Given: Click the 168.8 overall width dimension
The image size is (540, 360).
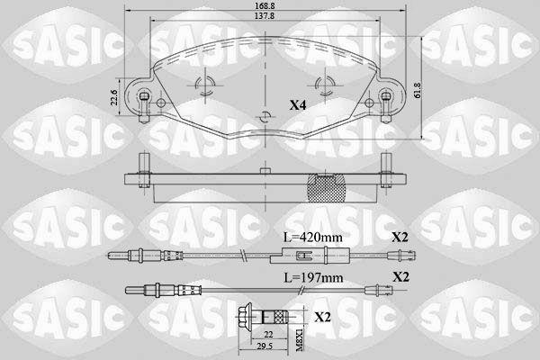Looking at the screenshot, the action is (265, 5).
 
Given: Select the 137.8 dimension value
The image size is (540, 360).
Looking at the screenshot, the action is (265, 16).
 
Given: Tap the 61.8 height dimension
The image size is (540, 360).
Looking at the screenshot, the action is (418, 90).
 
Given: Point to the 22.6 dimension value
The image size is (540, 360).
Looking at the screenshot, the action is (115, 97).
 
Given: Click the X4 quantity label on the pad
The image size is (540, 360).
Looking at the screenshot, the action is (298, 105).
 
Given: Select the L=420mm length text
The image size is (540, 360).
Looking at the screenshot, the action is (312, 238).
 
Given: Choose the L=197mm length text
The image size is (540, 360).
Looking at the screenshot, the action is (313, 277).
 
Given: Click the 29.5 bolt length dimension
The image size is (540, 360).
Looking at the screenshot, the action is (264, 346).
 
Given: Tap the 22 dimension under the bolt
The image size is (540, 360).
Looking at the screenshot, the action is (269, 334).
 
